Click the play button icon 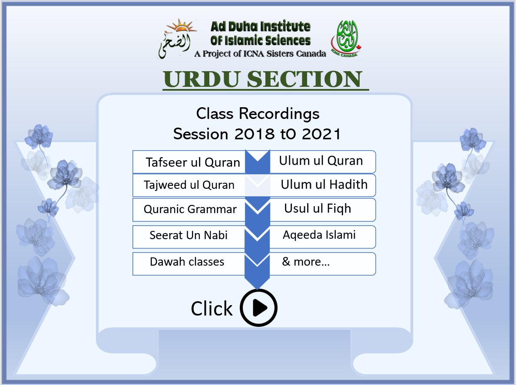(259, 308)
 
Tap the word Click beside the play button (212, 309)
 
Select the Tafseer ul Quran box (189, 162)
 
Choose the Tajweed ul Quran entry (189, 185)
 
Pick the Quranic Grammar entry (189, 210)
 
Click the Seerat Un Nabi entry (189, 237)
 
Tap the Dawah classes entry (189, 263)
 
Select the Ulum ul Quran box (322, 161)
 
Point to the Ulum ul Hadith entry (322, 185)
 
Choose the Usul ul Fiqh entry (322, 210)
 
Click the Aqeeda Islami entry (322, 237)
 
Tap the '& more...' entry (322, 263)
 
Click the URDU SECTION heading (263, 79)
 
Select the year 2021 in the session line (321, 134)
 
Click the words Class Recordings (258, 114)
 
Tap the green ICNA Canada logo (346, 39)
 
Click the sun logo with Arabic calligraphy (176, 39)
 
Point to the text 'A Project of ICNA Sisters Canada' (260, 53)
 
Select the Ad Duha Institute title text (260, 33)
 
